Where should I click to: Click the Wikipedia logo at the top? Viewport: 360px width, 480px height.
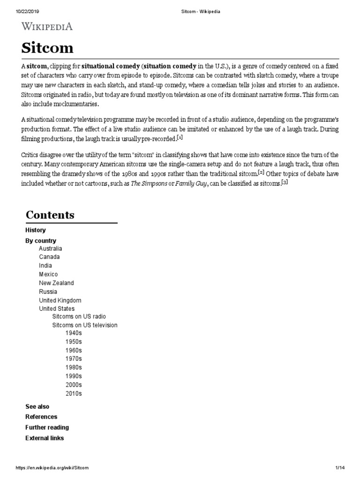point(47,27)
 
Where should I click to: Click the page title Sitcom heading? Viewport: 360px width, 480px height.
point(47,48)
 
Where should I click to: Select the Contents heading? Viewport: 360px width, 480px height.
point(50,215)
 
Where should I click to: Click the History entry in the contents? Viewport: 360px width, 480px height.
point(35,230)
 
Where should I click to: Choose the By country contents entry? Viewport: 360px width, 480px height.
point(40,240)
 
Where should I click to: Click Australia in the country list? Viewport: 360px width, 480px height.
point(50,248)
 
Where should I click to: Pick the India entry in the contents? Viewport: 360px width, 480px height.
point(45,266)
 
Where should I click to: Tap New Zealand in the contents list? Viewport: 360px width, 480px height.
point(56,283)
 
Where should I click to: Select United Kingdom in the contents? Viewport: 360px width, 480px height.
point(60,300)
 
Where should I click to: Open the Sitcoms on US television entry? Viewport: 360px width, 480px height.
point(85,325)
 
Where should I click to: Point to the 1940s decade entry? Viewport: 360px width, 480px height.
point(74,333)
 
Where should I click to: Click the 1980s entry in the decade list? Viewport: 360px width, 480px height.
point(74,367)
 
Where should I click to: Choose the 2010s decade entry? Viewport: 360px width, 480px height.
point(74,393)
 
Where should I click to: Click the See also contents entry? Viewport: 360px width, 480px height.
point(37,406)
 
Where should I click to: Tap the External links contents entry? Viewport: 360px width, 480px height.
point(45,438)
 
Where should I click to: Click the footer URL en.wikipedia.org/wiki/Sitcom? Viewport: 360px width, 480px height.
point(52,468)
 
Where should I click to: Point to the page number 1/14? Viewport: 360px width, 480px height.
point(340,468)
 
